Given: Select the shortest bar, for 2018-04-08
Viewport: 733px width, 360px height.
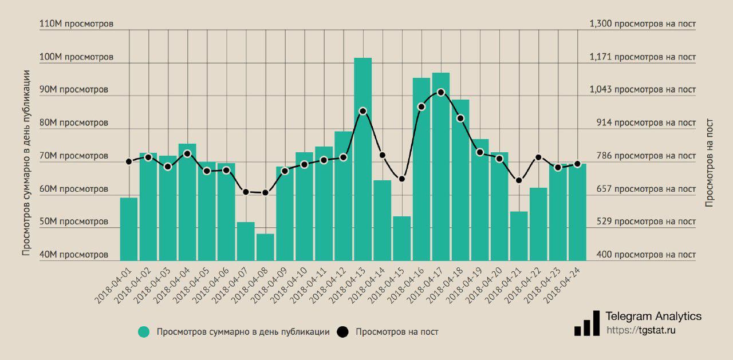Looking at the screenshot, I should [265, 247].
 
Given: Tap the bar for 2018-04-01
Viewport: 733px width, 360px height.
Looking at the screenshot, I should [129, 229].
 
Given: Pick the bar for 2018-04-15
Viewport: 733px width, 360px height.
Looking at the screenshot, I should [402, 238].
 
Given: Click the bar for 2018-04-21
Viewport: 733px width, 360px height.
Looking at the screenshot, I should [519, 236].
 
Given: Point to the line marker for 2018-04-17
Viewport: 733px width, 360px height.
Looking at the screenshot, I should [441, 92].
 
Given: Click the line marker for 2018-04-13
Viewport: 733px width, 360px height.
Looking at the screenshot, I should [362, 111].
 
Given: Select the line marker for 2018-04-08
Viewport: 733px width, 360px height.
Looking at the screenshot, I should [265, 193].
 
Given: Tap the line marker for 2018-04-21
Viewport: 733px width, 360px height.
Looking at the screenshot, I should [519, 180].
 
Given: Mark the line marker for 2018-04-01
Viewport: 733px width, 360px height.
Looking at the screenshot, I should [129, 161].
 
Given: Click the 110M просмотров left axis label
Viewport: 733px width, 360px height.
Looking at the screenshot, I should [76, 24].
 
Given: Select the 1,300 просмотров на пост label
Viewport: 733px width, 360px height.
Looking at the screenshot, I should [643, 24].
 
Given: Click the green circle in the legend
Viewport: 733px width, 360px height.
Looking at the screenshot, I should [144, 332].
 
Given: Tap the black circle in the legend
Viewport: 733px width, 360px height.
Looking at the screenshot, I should [342, 332].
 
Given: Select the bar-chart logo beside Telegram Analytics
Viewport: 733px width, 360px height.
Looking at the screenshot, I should [587, 325].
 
